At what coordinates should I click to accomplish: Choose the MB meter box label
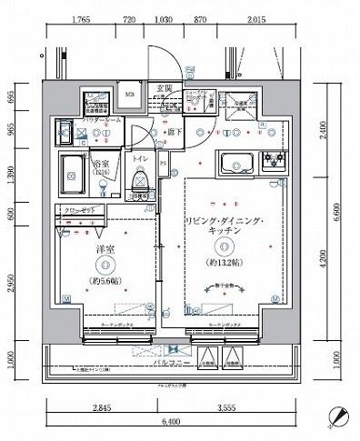click(x=130, y=95)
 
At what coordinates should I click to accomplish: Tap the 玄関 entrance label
click(x=165, y=88)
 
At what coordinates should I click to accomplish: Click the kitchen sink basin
click(x=235, y=165)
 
